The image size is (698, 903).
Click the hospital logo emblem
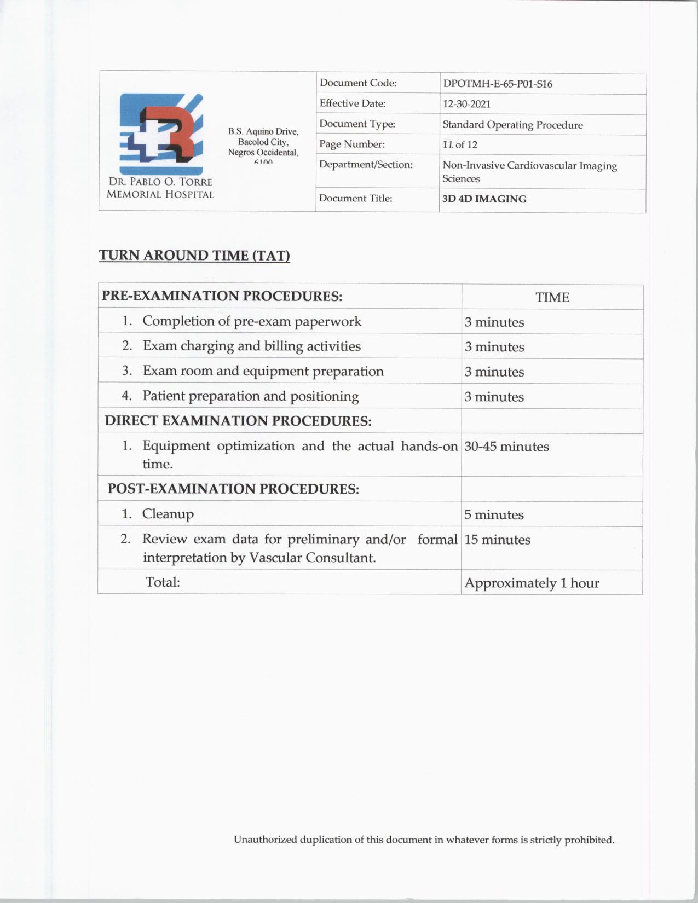pos(161,134)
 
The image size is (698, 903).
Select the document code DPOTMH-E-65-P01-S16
pos(497,84)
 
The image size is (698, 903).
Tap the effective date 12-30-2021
pos(466,104)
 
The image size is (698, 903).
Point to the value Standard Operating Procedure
pos(512,125)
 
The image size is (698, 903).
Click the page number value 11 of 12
pos(460,145)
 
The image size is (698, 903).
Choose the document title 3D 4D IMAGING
pos(484,199)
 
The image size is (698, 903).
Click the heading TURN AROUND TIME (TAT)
pos(194,256)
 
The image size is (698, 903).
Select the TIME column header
pos(552,297)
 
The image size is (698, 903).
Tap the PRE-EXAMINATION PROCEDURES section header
pos(222,296)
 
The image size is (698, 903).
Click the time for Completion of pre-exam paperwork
pos(494,322)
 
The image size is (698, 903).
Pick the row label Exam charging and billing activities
pos(251,346)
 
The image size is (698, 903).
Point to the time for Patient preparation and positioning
pos(494,397)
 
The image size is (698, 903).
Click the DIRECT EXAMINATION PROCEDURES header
pos(238,421)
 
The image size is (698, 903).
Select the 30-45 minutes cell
pos(506,447)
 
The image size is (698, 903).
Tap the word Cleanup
pos(168,514)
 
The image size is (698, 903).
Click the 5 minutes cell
pos(494,515)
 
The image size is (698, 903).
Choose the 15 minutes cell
pos(497,540)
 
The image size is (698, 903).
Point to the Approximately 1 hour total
pos(532,583)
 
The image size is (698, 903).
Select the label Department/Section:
pos(366,165)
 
